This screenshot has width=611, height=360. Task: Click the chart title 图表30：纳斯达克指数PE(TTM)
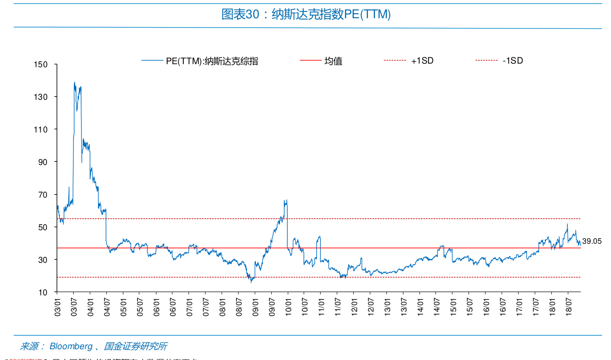point(305,14)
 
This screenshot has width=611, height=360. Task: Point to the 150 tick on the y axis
point(41,64)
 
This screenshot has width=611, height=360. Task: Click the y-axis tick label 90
point(43,162)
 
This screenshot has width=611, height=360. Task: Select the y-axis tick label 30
point(43,260)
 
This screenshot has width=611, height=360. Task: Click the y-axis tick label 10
point(43,292)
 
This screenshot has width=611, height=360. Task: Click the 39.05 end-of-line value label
point(591,241)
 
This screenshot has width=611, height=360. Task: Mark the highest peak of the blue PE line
point(75,82)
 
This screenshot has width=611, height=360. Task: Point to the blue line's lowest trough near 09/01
point(251,282)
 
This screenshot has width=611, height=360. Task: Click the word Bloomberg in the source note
point(71,346)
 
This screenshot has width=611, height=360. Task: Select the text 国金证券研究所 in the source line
point(136,346)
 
